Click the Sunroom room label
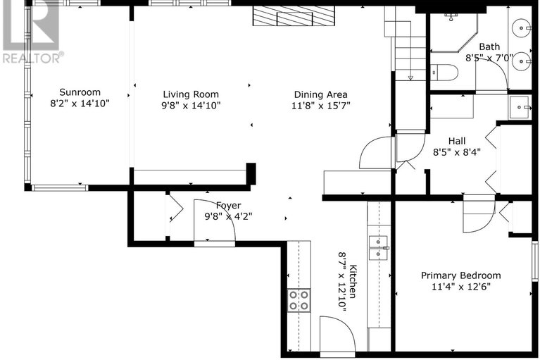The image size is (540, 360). click(x=80, y=92)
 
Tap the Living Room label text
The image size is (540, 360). click(x=191, y=94)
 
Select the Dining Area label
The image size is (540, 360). click(x=320, y=94)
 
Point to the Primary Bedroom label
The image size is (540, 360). click(x=460, y=275)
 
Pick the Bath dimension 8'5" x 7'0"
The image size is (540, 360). click(x=489, y=58)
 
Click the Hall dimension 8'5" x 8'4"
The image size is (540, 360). click(x=457, y=152)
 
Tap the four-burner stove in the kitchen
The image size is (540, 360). click(x=299, y=300)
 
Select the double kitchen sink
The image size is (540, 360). click(x=379, y=248)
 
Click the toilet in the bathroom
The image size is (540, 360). click(x=444, y=73)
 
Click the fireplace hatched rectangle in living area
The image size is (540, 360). click(x=294, y=15)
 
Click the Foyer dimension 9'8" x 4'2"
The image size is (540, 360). click(x=228, y=216)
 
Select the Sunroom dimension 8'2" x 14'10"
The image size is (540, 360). click(x=80, y=103)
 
